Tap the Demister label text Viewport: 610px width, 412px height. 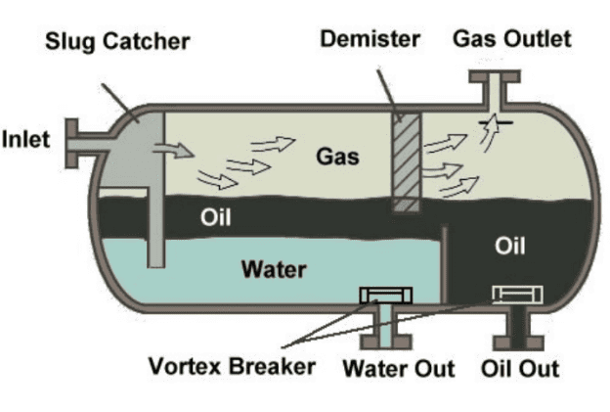370,39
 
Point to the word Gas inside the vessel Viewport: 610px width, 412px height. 336,156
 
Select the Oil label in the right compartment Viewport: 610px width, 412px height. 510,246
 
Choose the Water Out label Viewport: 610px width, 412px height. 398,369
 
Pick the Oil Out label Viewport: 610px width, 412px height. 520,369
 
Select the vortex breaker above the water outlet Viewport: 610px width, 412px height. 386,295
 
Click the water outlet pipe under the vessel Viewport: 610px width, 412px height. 386,329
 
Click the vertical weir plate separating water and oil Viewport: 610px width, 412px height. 444,264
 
